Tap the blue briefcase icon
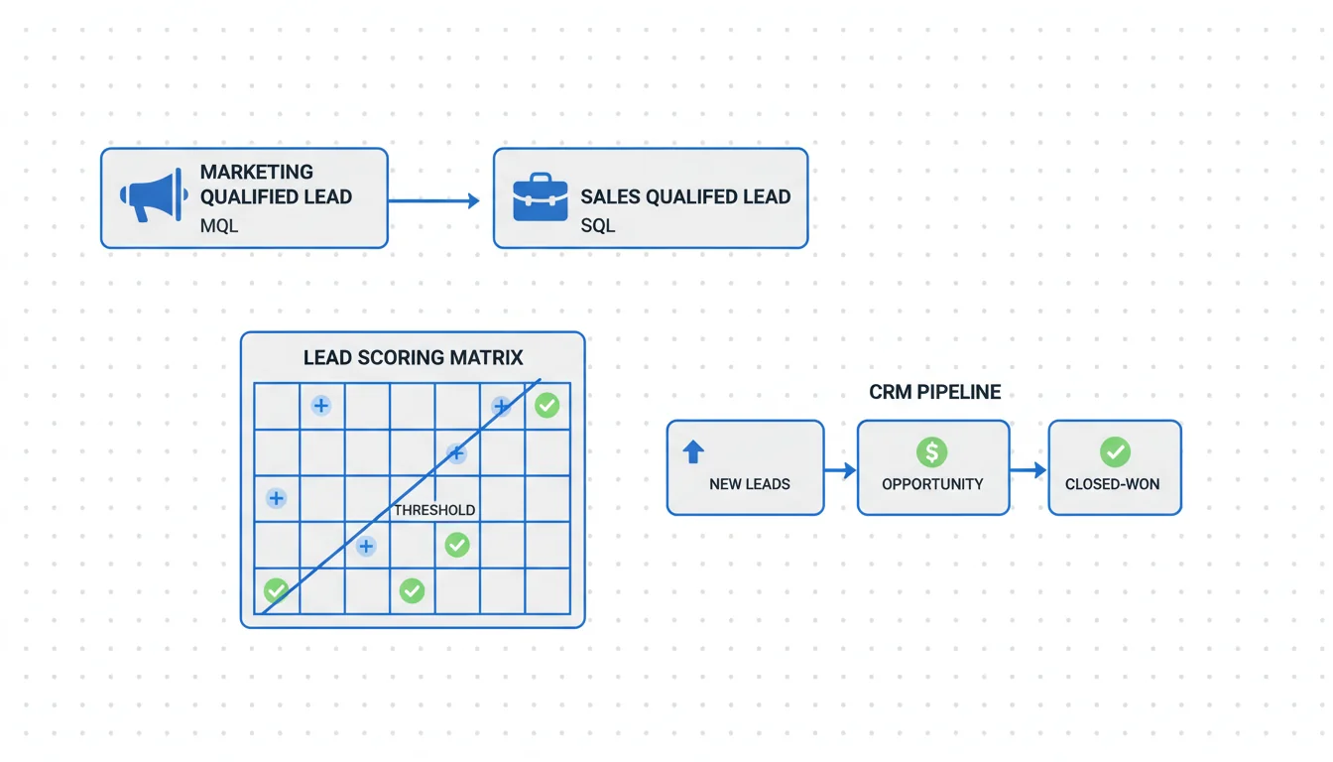(x=540, y=196)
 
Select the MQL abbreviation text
(x=219, y=225)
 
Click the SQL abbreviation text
(x=598, y=225)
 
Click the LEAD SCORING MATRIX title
(x=413, y=357)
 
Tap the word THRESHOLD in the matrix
(x=434, y=510)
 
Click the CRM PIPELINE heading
(x=934, y=392)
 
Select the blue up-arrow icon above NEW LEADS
(x=693, y=452)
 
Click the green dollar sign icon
(x=931, y=452)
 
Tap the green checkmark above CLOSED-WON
(x=1115, y=452)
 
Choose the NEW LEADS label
(x=750, y=484)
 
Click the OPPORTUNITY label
(x=932, y=484)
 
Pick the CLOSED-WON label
(x=1112, y=484)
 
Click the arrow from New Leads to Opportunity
(x=840, y=470)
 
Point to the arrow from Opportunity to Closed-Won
(x=1029, y=470)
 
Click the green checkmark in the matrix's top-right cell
(x=546, y=405)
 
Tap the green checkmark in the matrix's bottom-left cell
(x=276, y=591)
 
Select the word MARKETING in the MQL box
(x=257, y=172)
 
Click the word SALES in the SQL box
(x=609, y=196)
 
